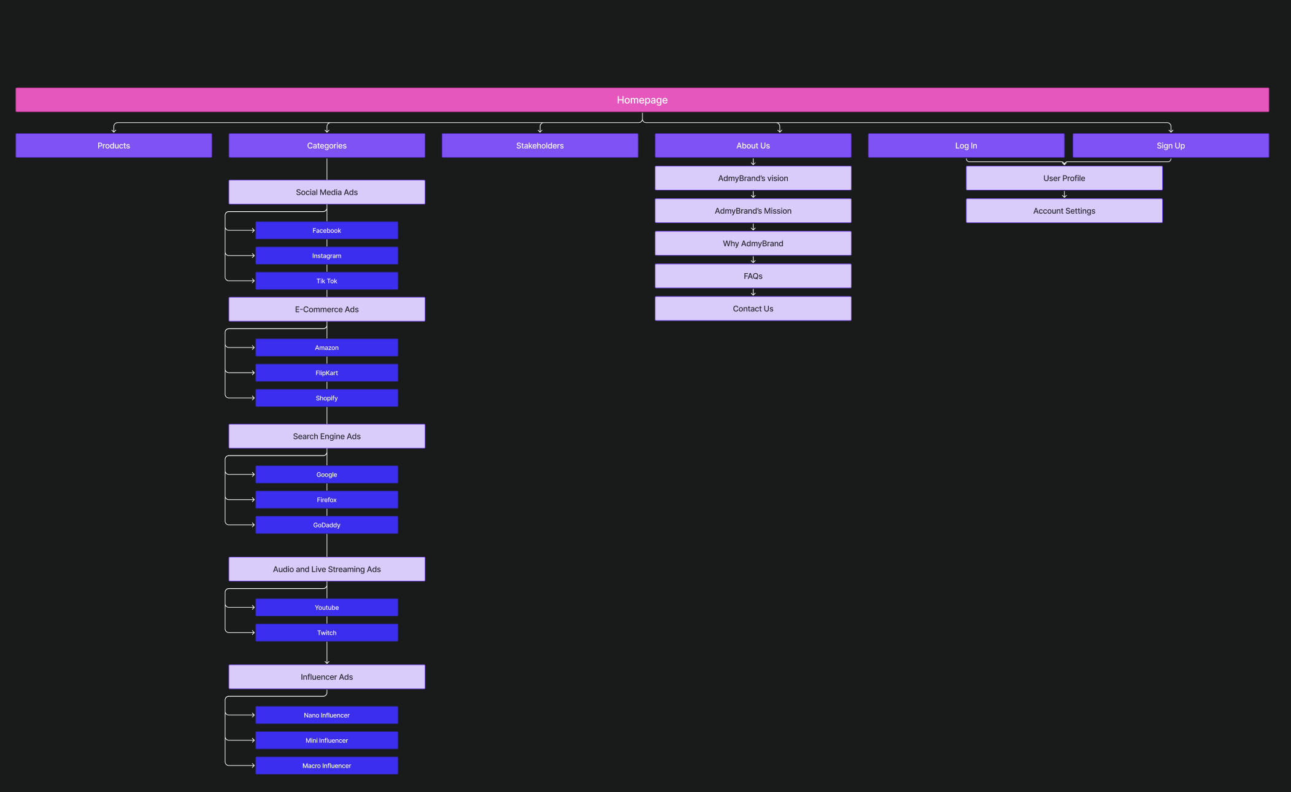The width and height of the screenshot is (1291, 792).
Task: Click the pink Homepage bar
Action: tap(642, 99)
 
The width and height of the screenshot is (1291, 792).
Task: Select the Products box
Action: tap(114, 146)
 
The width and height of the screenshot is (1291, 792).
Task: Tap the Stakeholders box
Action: tap(539, 146)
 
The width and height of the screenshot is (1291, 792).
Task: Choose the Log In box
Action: tap(965, 146)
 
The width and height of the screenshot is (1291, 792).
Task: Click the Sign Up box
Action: tap(1170, 146)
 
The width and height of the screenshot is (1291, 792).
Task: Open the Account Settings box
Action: tap(1063, 211)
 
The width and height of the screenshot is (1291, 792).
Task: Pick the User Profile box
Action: tap(1063, 178)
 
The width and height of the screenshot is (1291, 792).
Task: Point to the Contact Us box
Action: tap(752, 309)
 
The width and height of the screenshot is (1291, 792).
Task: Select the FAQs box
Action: tap(752, 276)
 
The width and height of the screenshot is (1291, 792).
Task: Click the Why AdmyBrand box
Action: tap(752, 244)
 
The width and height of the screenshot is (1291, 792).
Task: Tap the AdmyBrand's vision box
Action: tap(752, 178)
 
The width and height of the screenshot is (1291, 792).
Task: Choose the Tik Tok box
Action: tap(326, 281)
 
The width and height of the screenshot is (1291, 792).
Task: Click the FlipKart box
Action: tap(326, 373)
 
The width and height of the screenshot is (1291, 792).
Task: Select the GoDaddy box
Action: tap(326, 525)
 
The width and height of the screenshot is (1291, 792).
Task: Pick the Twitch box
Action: tap(326, 632)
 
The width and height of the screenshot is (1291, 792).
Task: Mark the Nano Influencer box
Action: tap(326, 715)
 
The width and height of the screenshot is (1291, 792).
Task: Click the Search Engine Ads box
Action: tap(326, 437)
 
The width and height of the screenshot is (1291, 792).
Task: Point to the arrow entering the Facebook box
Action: tap(252, 231)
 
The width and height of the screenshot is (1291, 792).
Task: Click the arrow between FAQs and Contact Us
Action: tap(753, 293)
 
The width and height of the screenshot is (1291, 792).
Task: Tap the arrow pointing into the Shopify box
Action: tap(252, 398)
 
